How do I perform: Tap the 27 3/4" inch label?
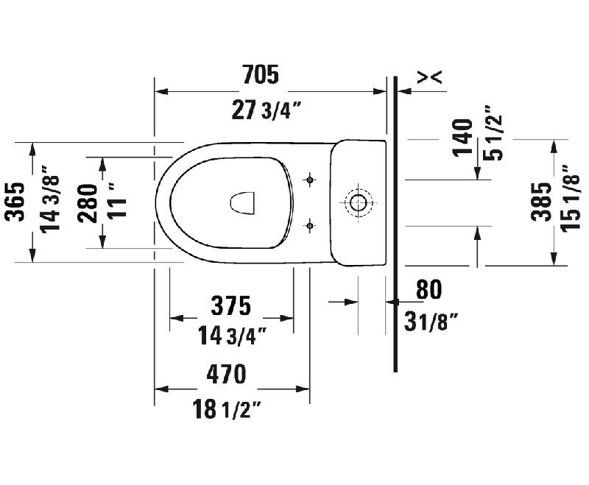click(x=267, y=111)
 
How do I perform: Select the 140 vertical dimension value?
click(x=462, y=137)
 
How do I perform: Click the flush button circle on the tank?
click(x=359, y=202)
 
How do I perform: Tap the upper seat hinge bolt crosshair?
click(x=311, y=179)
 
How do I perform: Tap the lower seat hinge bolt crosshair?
click(x=311, y=224)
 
